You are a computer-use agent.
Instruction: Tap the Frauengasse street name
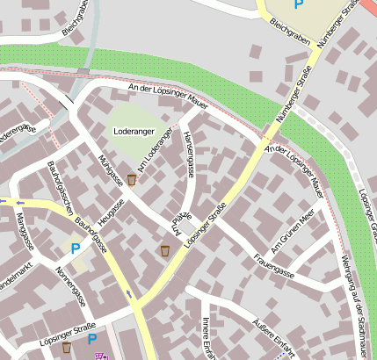click(x=272, y=267)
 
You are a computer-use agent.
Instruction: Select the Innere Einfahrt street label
click(x=207, y=337)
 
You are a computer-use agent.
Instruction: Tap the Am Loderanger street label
click(x=153, y=157)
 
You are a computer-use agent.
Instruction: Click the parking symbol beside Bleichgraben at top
click(x=299, y=5)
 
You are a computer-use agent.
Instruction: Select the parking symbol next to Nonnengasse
click(x=76, y=249)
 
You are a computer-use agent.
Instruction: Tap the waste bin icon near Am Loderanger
click(x=132, y=180)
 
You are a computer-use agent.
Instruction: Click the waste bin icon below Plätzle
click(x=164, y=251)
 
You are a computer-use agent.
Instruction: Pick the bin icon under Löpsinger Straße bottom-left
click(x=66, y=348)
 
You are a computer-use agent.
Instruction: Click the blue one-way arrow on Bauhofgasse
click(x=129, y=293)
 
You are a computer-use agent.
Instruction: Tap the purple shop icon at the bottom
click(x=101, y=356)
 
